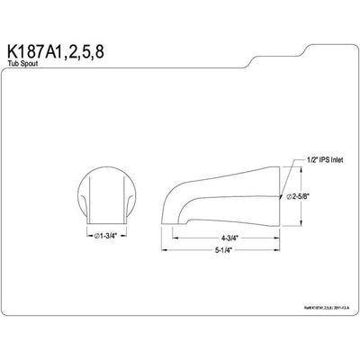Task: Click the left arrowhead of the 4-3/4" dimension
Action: pyautogui.click(x=175, y=238)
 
